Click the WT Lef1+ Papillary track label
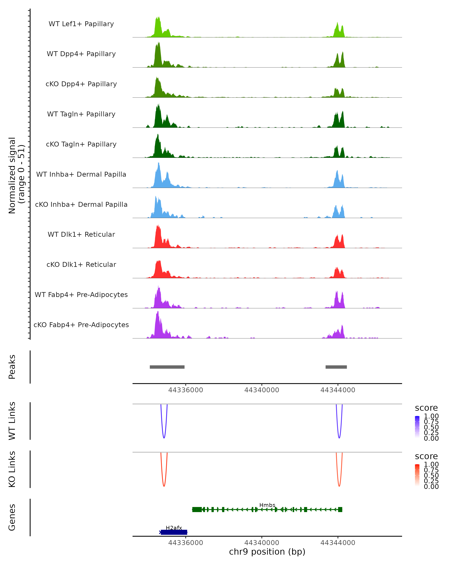coord(81,24)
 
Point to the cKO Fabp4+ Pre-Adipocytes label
coord(81,325)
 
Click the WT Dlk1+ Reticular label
coord(81,234)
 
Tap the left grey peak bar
coord(167,367)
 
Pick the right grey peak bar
coord(336,367)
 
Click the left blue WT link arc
coord(164,437)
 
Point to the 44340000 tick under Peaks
coord(262,390)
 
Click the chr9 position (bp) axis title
coord(267,552)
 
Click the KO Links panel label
coord(12,469)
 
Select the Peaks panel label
coord(12,367)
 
